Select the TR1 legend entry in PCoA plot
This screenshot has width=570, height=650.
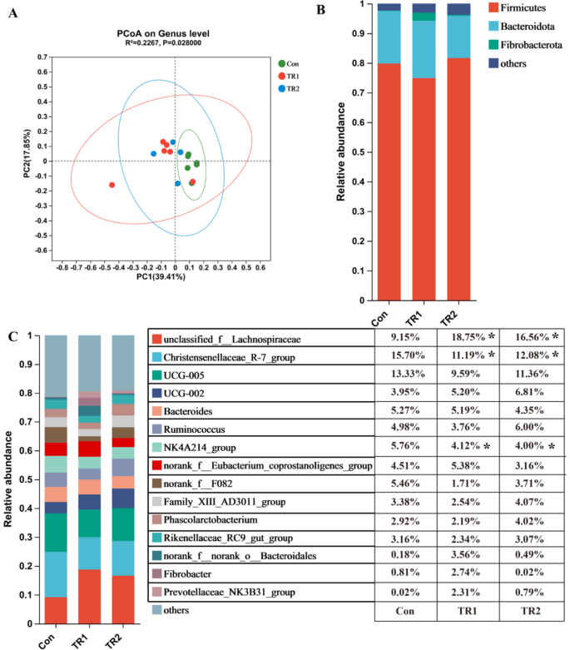point(291,75)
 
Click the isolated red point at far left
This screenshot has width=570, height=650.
point(112,185)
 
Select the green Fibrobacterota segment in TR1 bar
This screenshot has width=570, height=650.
point(424,17)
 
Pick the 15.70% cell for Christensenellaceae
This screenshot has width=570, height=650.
point(399,357)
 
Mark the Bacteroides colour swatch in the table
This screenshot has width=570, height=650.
point(156,410)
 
